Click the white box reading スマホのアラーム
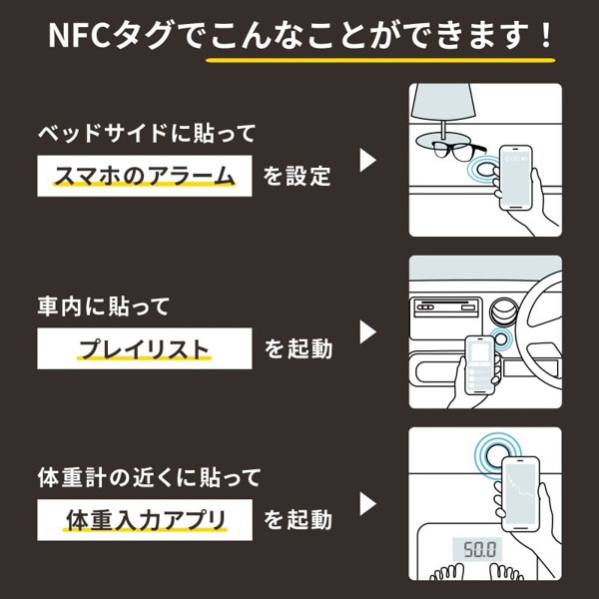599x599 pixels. point(143,177)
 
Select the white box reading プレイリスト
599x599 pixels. point(143,348)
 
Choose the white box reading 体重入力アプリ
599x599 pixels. point(143,519)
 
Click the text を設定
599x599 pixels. point(297,178)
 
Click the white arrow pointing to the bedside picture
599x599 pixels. point(368,160)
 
